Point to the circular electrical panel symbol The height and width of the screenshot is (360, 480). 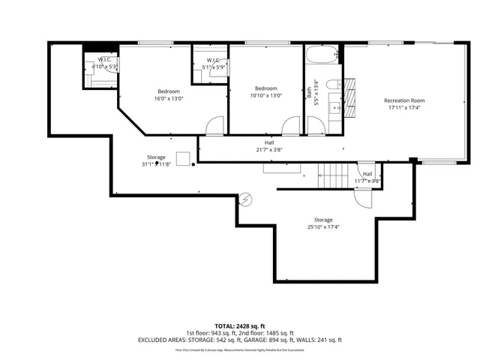pos(247,199)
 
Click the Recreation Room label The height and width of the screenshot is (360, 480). pos(404,100)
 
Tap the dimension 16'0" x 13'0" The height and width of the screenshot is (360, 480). pos(169,98)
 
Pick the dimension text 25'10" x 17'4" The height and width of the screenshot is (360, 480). pos(323,226)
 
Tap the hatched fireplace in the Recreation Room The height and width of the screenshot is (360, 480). pos(350,93)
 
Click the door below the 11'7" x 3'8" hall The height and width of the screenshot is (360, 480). pos(362,196)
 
